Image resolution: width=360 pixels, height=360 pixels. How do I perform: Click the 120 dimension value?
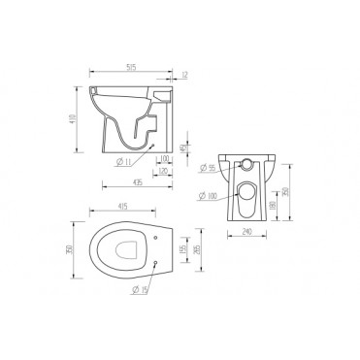point(164,171)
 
